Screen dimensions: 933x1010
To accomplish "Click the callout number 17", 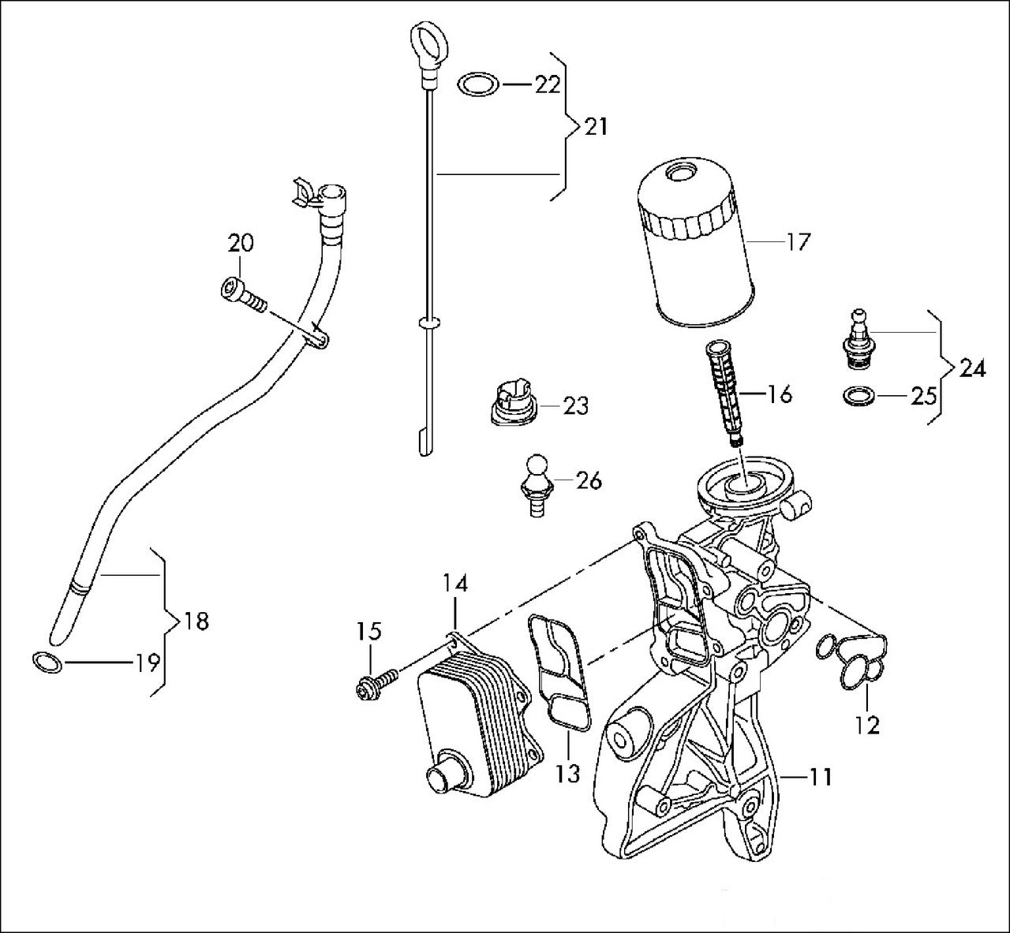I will tap(798, 241).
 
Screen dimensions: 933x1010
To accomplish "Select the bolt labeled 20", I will tap(241, 295).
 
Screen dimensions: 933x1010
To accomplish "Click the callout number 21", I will tap(596, 125).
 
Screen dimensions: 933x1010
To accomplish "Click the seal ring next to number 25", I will tap(858, 396).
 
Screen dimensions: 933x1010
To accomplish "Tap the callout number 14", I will tap(454, 584).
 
